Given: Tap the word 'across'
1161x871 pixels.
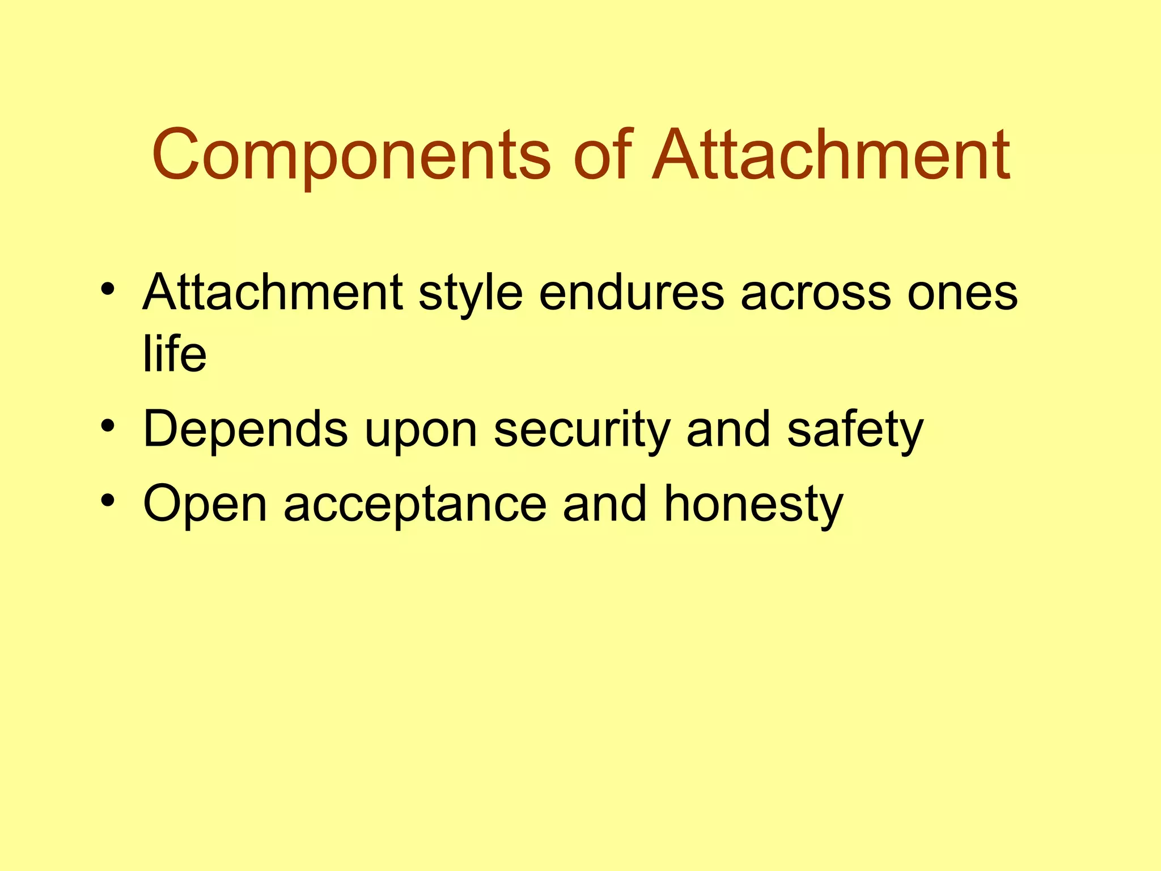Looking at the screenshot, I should pyautogui.click(x=816, y=294).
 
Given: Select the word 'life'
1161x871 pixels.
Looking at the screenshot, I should pyautogui.click(x=175, y=354).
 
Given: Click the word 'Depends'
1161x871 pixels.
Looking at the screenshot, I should pyautogui.click(x=245, y=429).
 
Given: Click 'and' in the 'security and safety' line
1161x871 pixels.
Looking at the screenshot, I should pyautogui.click(x=728, y=429).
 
